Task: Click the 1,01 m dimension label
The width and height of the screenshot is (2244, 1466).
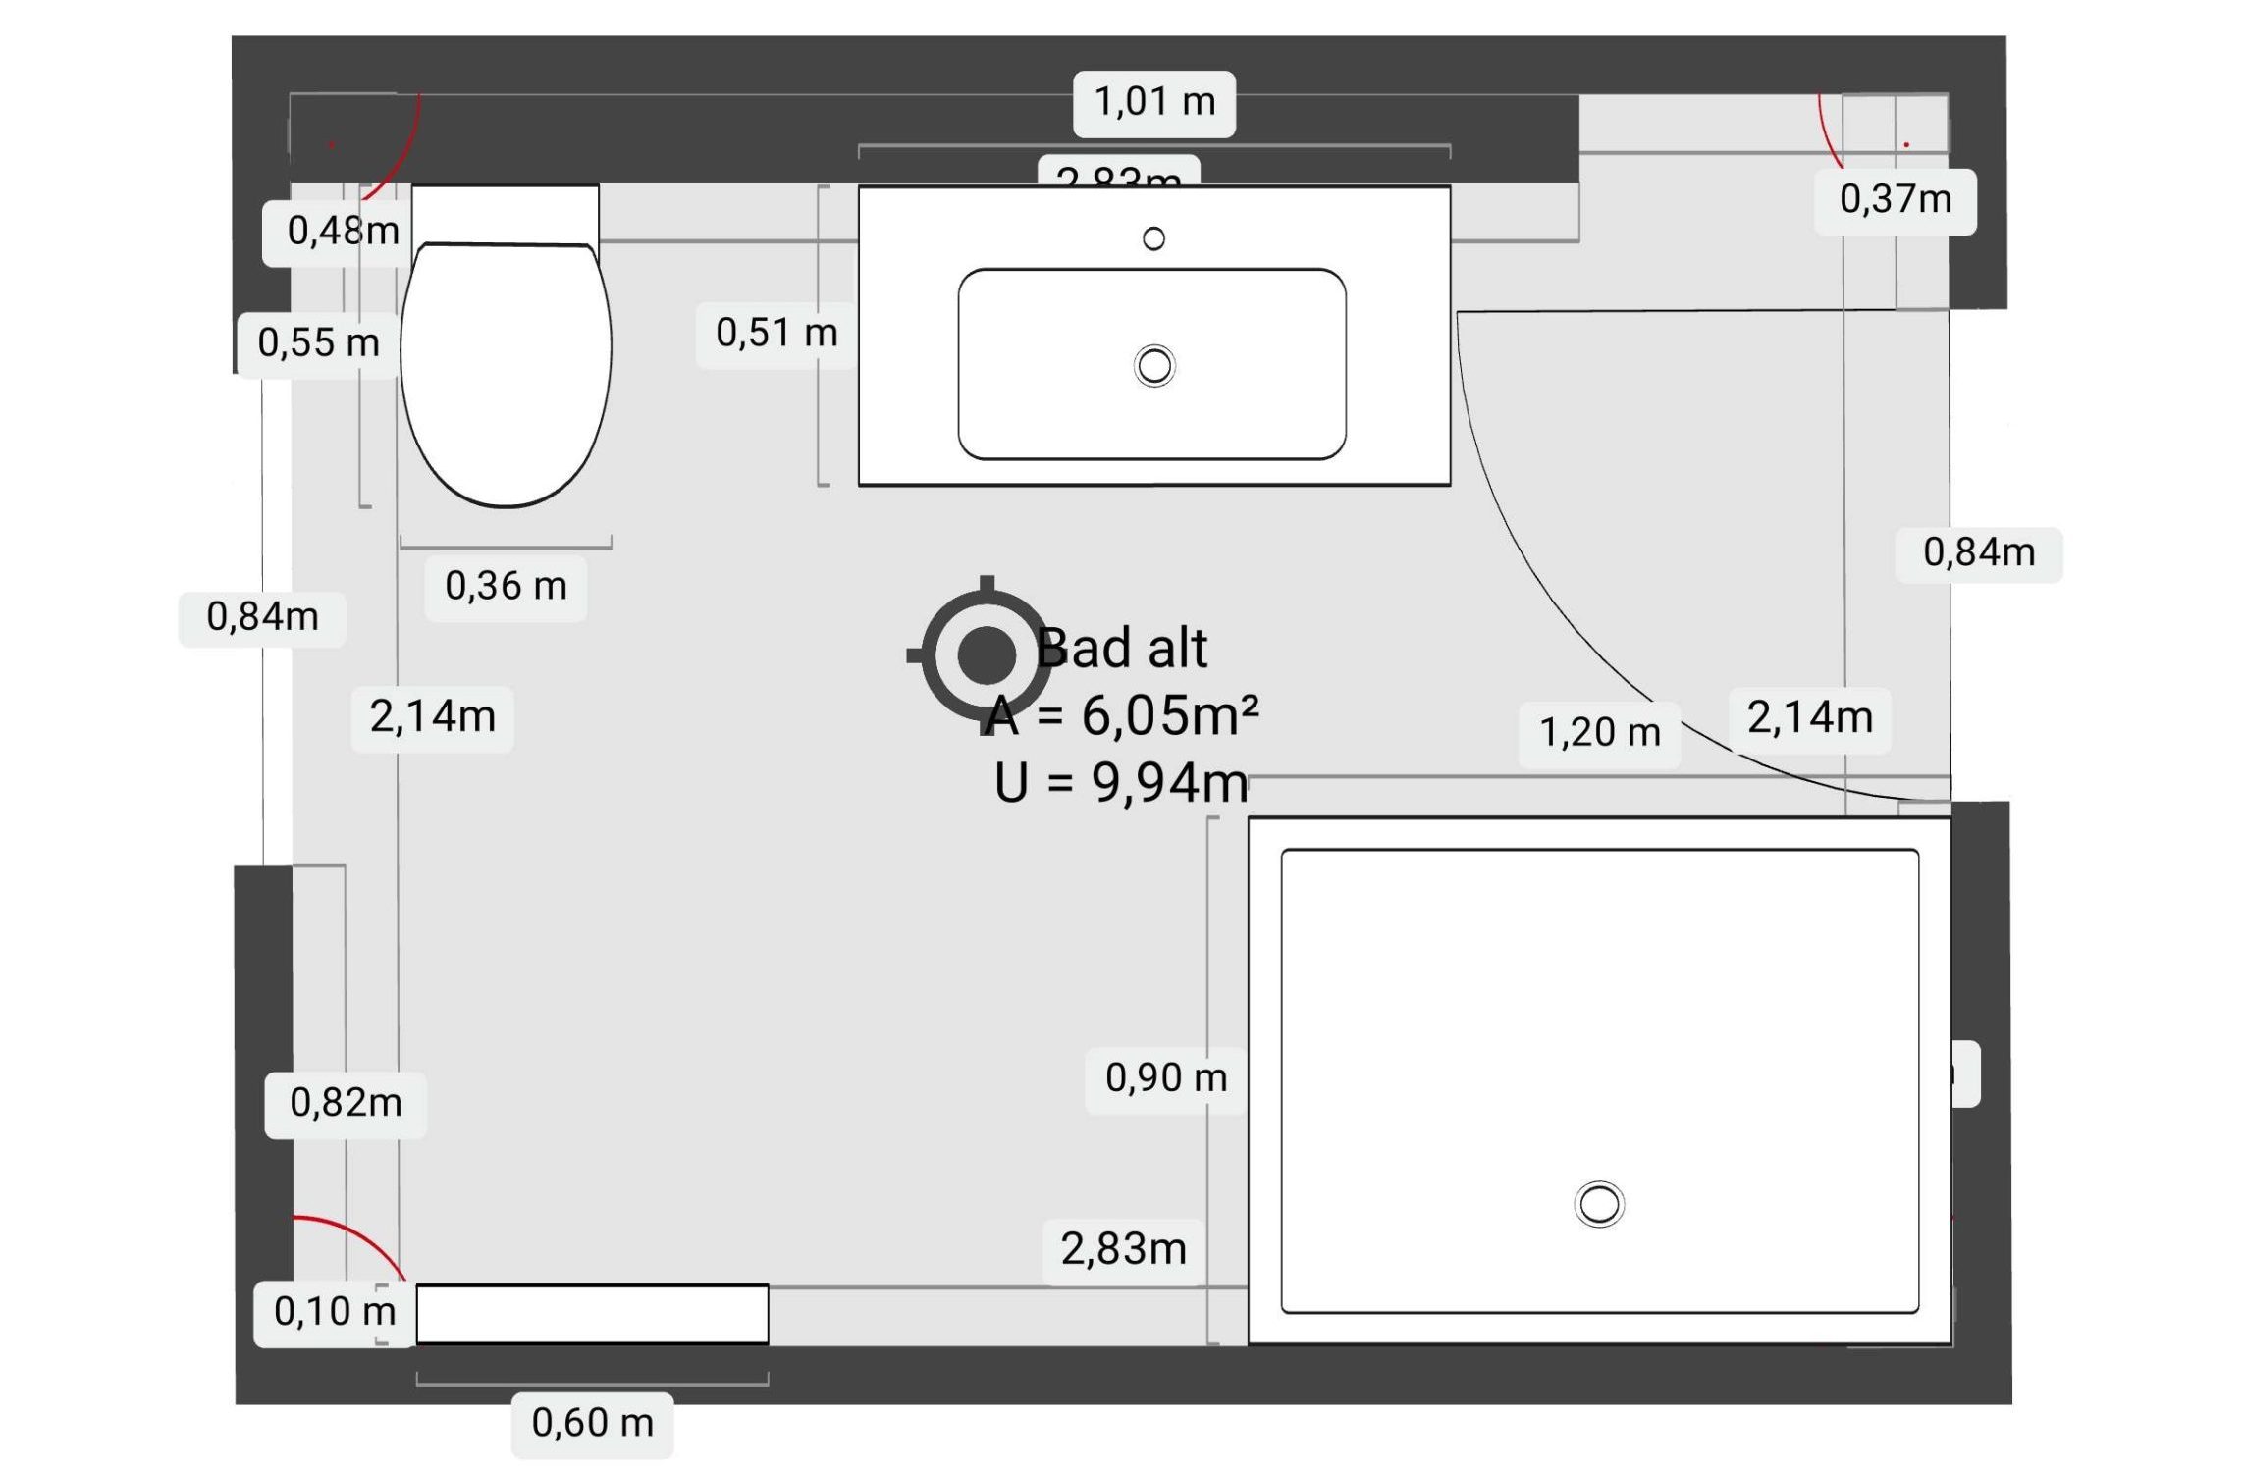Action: point(1153,102)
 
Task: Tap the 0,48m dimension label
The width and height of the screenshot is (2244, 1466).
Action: point(342,232)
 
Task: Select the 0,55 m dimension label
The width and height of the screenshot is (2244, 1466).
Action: point(318,343)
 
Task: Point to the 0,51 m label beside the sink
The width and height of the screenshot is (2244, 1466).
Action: point(775,334)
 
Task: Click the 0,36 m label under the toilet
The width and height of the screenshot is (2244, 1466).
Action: point(506,587)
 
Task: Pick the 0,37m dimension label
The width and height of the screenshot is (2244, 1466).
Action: point(1894,200)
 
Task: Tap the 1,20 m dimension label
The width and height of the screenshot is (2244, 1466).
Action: point(1598,733)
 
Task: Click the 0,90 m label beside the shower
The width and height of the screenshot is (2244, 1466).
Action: point(1165,1078)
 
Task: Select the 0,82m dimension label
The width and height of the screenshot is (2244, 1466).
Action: point(346,1104)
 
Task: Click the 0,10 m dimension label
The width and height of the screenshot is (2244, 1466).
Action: point(334,1312)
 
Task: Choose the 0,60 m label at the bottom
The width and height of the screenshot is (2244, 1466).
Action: point(592,1423)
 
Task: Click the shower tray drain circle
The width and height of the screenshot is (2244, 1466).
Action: point(1598,1204)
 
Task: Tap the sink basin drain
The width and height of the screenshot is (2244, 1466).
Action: point(1153,366)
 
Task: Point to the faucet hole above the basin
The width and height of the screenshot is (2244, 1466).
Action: point(1153,238)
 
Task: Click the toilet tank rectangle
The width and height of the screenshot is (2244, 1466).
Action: point(505,213)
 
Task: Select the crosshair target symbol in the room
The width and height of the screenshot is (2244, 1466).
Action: point(986,654)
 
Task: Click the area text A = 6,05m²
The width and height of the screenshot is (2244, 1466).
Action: point(1121,715)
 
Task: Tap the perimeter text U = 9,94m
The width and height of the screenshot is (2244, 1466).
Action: point(1121,783)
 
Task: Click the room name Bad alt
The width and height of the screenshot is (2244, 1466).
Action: point(1121,649)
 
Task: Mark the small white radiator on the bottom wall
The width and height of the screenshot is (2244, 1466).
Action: point(592,1314)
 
